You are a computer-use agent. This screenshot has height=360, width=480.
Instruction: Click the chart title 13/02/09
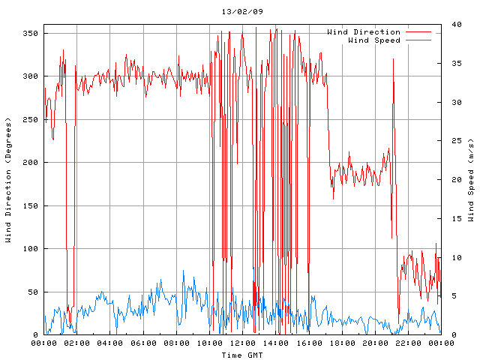242,12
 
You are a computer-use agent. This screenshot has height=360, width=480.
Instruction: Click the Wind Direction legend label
364,32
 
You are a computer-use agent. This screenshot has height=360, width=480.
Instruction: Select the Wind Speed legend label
374,40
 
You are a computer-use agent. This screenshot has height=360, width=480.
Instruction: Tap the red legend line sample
419,32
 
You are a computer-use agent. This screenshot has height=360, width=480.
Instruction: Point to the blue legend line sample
419,40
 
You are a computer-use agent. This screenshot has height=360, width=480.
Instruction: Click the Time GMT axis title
241,354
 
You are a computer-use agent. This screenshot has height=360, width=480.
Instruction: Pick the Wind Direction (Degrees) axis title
8,179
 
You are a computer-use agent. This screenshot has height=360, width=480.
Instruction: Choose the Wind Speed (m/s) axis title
471,179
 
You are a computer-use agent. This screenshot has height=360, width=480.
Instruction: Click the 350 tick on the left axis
30,33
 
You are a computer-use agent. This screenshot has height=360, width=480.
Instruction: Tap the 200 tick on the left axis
30,162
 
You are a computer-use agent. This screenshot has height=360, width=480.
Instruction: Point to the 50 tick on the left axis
32,292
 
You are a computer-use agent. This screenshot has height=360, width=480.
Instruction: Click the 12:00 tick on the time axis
242,343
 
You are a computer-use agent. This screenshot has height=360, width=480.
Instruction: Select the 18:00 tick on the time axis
341,343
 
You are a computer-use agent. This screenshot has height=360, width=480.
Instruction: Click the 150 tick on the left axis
30,205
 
